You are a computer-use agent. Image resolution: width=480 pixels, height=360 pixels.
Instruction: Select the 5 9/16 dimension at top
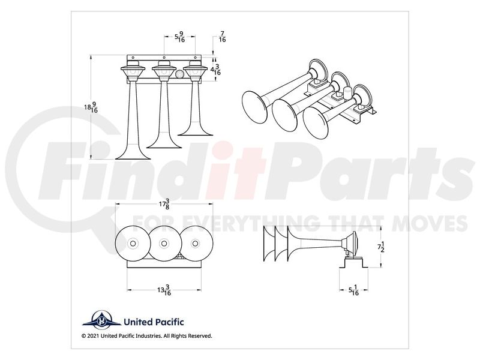click(x=179, y=37)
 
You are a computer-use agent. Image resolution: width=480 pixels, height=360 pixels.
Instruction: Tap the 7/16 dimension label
click(x=222, y=37)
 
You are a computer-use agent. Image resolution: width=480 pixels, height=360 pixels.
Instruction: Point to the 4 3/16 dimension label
click(x=215, y=70)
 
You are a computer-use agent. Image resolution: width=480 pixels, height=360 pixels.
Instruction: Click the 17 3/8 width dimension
click(x=164, y=204)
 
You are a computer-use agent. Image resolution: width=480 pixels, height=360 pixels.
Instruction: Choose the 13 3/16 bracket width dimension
click(x=164, y=290)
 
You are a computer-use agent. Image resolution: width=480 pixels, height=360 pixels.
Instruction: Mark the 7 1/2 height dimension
click(x=381, y=247)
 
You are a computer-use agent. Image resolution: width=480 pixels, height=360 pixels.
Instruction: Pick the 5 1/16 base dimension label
click(x=353, y=290)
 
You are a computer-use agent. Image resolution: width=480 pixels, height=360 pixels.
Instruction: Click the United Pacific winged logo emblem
click(x=101, y=320)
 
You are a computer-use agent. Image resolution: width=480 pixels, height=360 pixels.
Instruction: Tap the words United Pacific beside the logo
click(x=154, y=322)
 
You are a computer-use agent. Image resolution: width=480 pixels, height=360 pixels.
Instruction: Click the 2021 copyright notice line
click(x=147, y=336)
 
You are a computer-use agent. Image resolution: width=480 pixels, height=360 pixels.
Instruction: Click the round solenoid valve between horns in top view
click(x=179, y=74)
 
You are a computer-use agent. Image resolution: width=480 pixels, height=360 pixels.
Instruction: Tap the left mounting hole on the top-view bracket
click(x=133, y=58)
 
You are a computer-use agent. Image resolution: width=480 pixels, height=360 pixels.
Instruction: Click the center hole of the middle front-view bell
click(x=164, y=244)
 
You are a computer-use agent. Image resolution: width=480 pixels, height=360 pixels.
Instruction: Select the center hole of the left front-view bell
click(x=133, y=244)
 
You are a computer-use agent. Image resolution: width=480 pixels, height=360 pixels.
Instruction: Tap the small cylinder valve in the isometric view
click(x=347, y=92)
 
